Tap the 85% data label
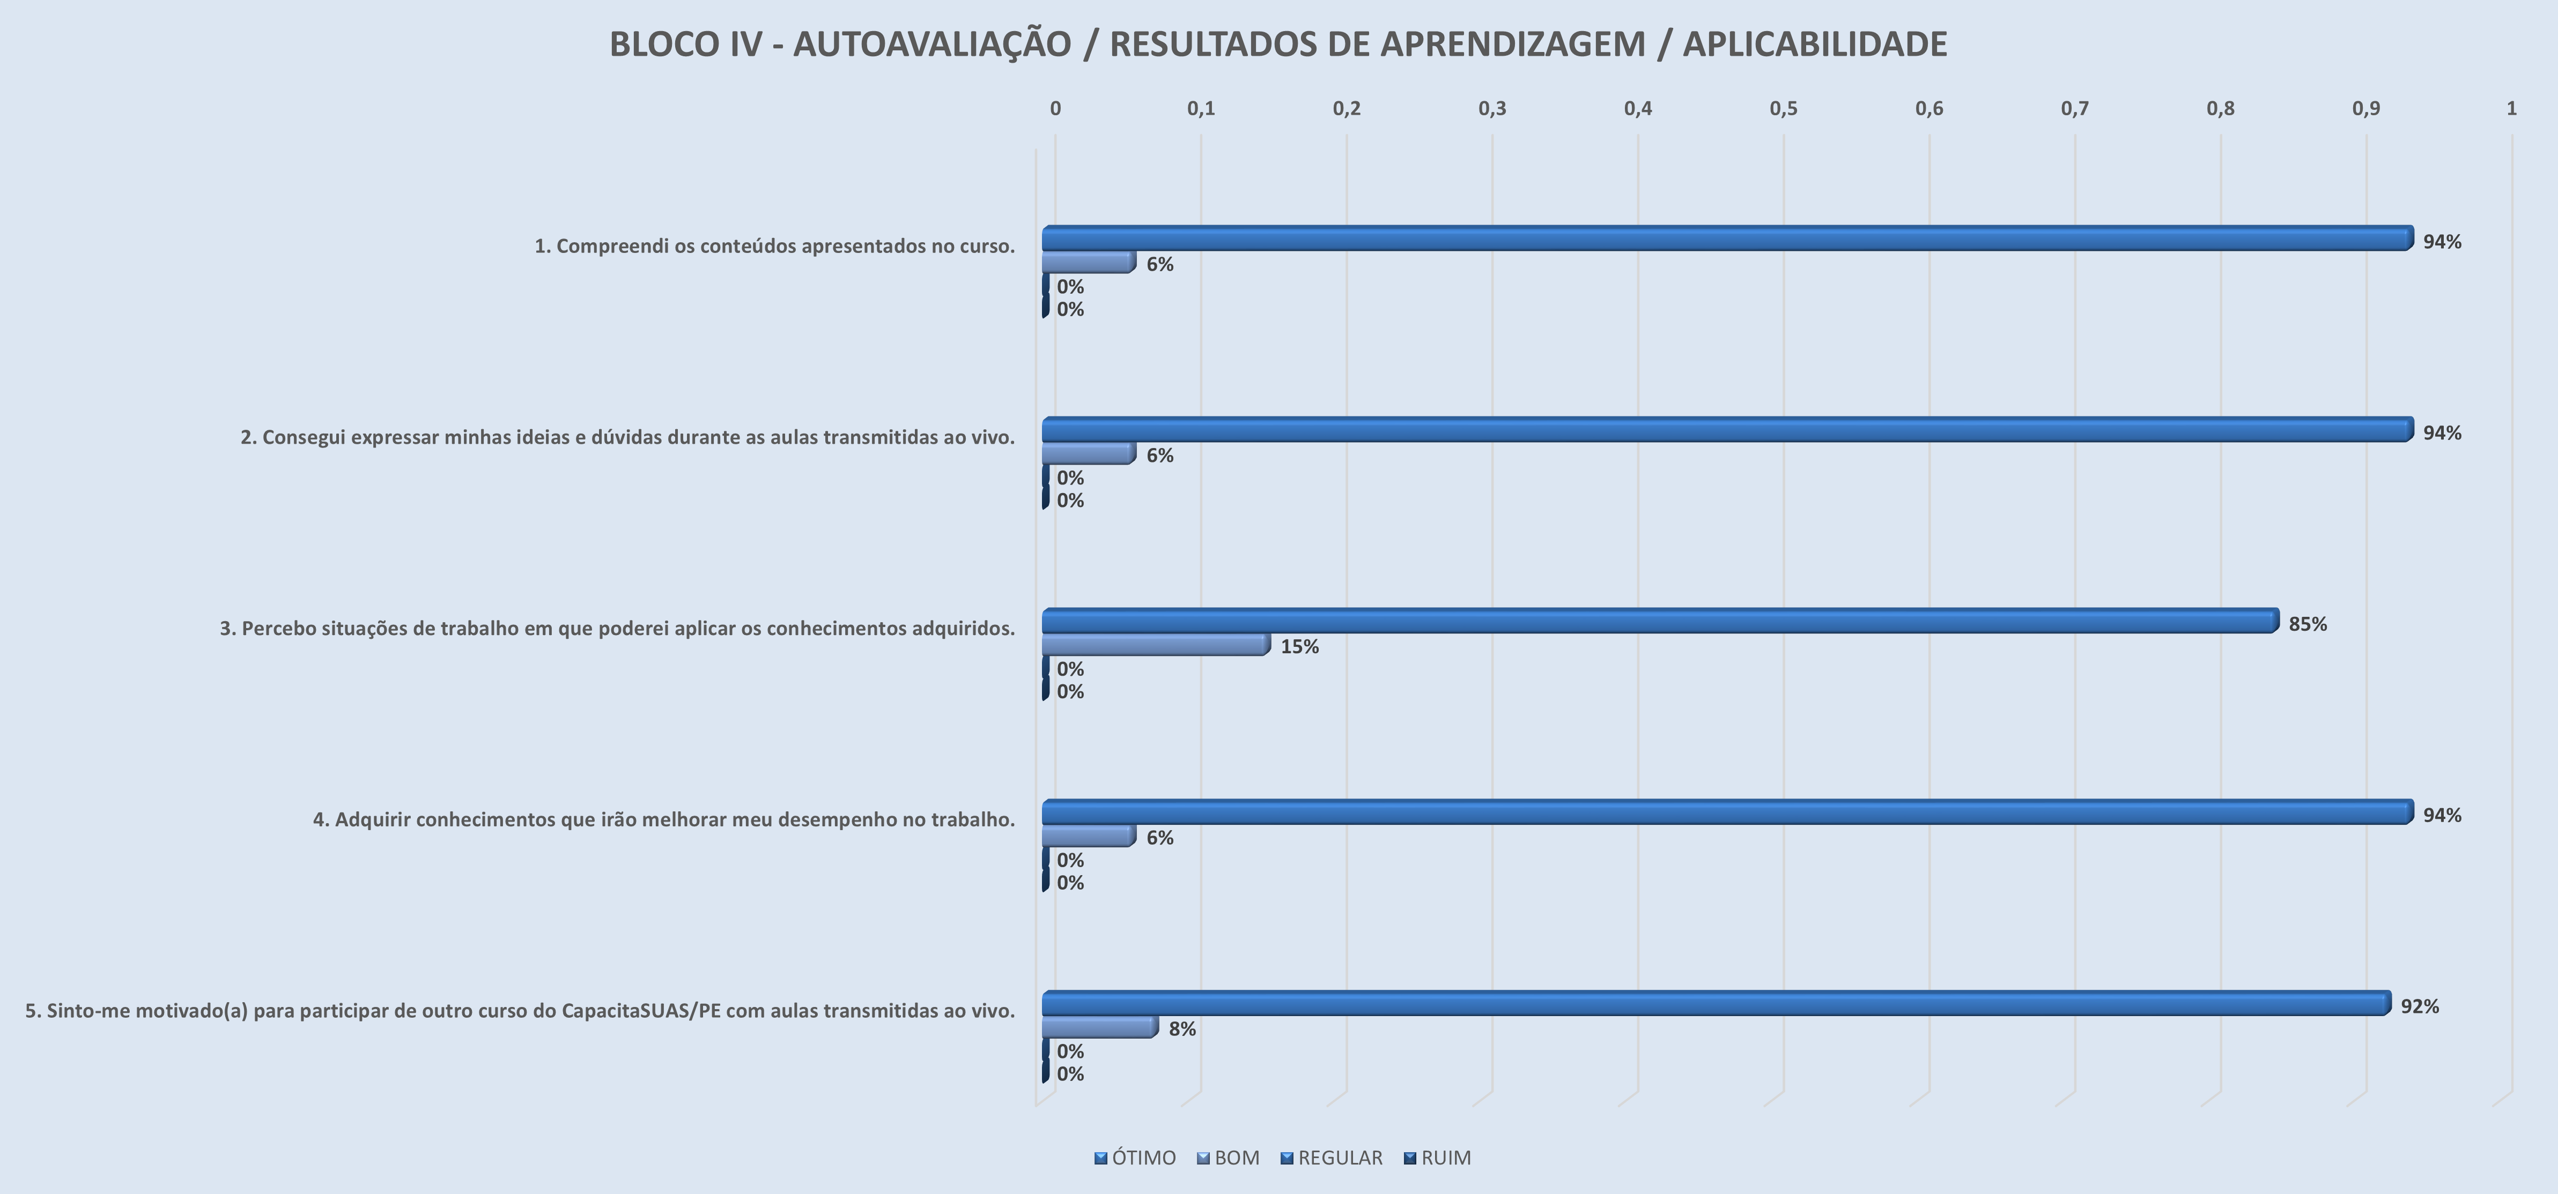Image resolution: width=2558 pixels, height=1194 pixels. [x=2307, y=624]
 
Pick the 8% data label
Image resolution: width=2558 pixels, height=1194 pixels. [x=1182, y=1029]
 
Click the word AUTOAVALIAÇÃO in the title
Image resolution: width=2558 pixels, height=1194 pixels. [x=931, y=44]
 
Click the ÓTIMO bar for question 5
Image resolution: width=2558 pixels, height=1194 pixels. [x=1716, y=1003]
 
